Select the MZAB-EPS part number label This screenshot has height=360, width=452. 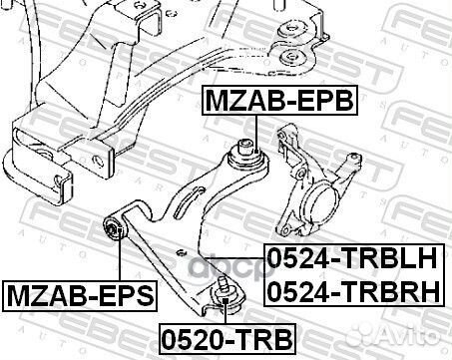tap(80, 296)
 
